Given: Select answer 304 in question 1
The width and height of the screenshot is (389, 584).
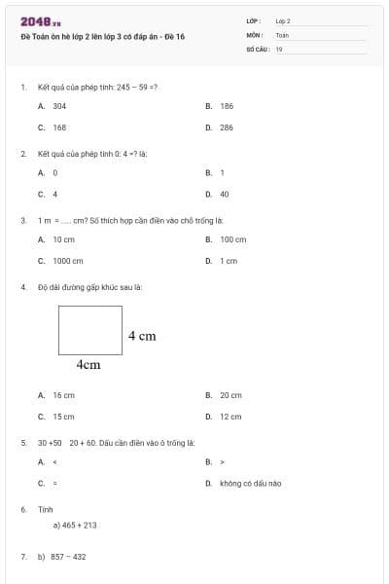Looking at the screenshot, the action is [x=59, y=105].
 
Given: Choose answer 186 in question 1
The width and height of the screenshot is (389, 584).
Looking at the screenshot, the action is [x=227, y=105].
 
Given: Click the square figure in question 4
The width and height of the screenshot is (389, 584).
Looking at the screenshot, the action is [x=90, y=330].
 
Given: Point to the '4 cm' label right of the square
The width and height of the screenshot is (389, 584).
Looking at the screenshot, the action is [x=142, y=336].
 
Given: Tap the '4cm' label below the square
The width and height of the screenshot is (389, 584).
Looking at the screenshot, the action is [x=88, y=365].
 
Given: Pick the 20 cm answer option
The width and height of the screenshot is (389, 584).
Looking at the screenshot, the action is [x=230, y=395].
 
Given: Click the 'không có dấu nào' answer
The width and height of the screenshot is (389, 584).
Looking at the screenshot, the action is [x=250, y=484].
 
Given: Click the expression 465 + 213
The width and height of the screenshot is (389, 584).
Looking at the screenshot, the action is [x=78, y=525].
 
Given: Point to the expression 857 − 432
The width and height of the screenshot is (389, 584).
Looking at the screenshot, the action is [x=68, y=557].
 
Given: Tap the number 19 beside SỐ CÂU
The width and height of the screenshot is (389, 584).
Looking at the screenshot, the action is [x=279, y=48].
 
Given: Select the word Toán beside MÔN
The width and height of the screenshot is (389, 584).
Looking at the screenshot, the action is [x=282, y=34].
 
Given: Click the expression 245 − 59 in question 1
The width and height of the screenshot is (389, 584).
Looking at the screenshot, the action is [x=133, y=87].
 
